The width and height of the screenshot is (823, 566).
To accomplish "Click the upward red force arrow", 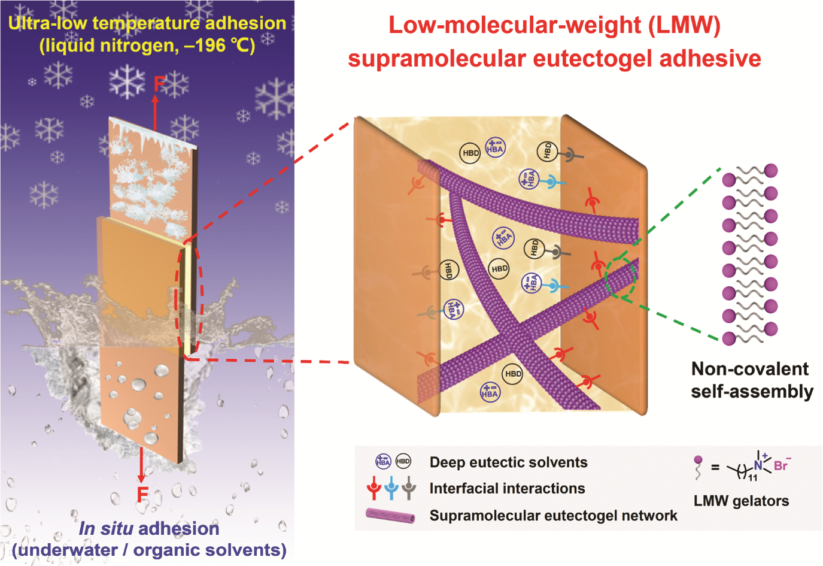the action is [155, 112].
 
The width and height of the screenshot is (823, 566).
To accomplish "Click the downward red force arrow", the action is [141, 465].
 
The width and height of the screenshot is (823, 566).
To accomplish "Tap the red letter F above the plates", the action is [160, 83].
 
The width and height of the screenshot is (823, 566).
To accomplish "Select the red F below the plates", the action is [142, 494].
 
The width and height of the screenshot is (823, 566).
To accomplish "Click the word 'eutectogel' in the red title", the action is [593, 59].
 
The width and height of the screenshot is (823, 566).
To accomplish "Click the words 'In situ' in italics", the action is [106, 528].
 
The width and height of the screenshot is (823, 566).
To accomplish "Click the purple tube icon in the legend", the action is [390, 515].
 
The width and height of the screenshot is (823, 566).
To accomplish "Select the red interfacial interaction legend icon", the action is [374, 488].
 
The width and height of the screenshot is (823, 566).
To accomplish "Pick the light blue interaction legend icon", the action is [391, 488].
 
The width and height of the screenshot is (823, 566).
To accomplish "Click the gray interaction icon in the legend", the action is [409, 488].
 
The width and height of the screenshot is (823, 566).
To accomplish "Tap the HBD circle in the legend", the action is [403, 462].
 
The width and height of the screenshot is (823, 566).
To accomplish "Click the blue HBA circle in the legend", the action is [383, 462].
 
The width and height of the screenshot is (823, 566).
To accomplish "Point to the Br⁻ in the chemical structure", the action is [782, 465].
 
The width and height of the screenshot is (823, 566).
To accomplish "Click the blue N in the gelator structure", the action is [758, 465].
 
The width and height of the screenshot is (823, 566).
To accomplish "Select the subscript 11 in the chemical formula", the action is [753, 478].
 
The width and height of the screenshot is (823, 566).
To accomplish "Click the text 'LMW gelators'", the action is [741, 501].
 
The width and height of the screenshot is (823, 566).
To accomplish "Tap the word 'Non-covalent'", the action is [750, 369].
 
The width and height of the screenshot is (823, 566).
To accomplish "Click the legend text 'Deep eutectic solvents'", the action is [509, 462].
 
